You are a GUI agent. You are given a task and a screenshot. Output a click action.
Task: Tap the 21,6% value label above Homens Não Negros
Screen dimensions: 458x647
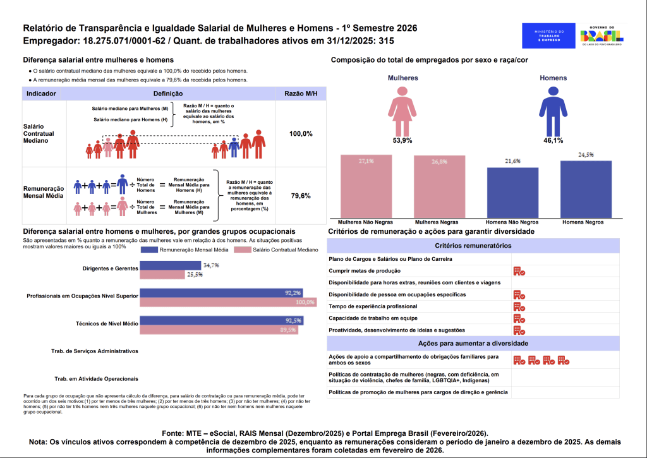pos(512,162)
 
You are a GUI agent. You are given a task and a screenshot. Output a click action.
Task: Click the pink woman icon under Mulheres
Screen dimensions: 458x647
pos(402,107)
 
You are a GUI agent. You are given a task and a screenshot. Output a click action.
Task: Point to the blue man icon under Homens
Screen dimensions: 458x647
pos(553,107)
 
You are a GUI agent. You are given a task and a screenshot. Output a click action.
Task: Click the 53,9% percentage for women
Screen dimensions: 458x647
pos(402,140)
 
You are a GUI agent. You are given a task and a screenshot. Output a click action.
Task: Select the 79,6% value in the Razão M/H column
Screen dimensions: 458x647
pos(300,196)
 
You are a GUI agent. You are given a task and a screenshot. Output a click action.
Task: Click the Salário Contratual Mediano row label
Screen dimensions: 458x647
pos(39,134)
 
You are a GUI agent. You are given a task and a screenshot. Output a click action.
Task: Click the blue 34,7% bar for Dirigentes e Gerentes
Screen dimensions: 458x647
pos(171,265)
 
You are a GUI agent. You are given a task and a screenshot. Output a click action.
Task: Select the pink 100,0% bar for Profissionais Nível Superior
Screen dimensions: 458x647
pos(227,303)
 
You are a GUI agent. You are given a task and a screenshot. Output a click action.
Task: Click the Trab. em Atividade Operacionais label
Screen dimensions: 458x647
pos(96,378)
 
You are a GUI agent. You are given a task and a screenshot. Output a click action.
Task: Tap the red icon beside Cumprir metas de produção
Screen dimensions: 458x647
pos(519,271)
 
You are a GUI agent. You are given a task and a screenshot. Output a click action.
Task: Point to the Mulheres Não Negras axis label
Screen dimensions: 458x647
pos(366,222)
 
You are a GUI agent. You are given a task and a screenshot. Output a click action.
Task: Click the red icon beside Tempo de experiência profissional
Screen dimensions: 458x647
pos(519,306)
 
